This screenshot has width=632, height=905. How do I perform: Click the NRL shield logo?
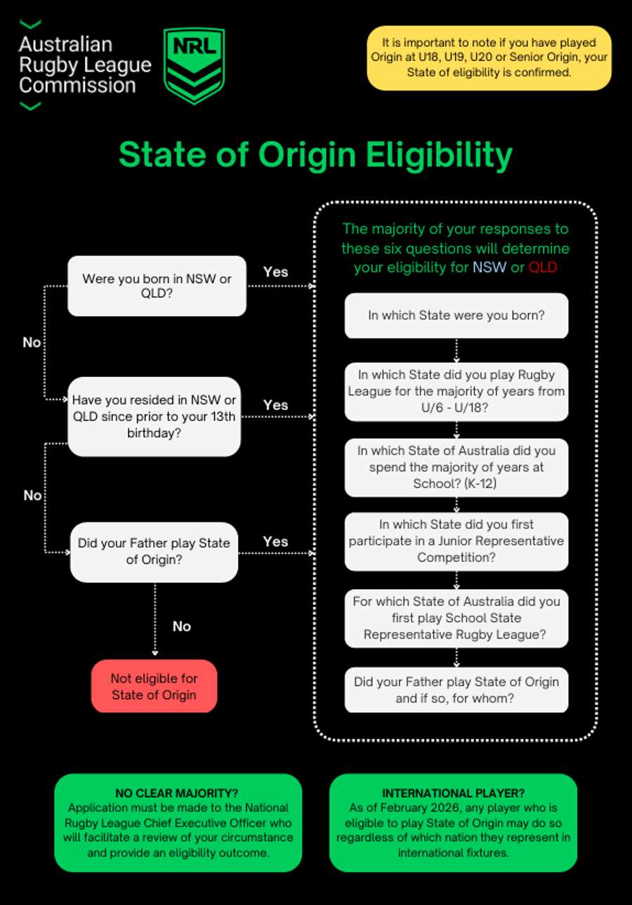194,65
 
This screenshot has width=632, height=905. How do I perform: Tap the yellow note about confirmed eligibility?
489,58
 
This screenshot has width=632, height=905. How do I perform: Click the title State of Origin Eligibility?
315,154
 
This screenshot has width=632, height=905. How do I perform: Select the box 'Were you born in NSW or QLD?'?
157,286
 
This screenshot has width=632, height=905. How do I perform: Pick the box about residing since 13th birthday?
154,416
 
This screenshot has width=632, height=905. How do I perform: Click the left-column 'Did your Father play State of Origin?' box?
154,551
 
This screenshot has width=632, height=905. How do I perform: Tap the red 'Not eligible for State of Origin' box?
154,686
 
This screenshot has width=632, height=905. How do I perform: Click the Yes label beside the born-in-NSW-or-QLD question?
275,272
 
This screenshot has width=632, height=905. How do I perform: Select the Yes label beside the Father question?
275,541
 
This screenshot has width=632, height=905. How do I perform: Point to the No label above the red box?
181,626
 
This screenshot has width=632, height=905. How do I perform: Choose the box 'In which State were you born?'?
456,315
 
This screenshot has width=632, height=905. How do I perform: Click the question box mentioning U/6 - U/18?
456,391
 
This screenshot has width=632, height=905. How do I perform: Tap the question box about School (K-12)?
456,468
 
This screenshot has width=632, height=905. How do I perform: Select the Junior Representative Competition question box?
456,541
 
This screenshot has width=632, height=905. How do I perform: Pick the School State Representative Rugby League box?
456,618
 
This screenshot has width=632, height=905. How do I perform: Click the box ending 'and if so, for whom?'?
456,690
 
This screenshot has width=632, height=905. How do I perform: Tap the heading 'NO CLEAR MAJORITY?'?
178,793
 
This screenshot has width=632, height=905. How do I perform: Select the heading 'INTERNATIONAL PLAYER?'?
453,793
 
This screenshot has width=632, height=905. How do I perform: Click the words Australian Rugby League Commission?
84,65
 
